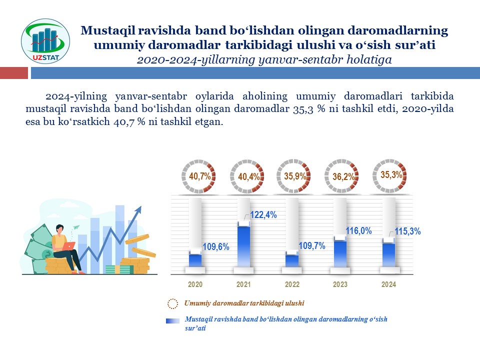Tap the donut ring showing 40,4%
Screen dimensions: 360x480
tap(243, 176)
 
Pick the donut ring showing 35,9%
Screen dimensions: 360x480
tap(293, 176)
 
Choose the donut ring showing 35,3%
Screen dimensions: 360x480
tap(389, 175)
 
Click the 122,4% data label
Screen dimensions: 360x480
tap(263, 215)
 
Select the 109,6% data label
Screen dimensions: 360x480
tap(215, 247)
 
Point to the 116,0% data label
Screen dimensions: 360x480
tap(358, 230)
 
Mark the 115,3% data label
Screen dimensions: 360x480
tap(407, 232)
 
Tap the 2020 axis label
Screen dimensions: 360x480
tap(195, 284)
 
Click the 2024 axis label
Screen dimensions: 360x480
tap(388, 284)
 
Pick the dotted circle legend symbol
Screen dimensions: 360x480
tap(172, 303)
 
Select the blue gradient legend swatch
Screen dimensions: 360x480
tap(172, 321)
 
